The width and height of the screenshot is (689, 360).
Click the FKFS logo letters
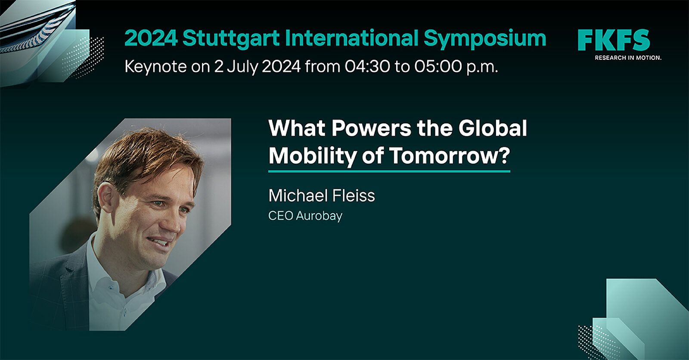coord(614,40)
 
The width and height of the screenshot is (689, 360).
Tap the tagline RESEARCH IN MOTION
coord(628,58)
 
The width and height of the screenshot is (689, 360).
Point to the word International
coord(352,38)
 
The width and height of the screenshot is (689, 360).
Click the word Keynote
coord(155,67)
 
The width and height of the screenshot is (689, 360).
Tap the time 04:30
coord(367,66)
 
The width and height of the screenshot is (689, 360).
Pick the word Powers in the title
coord(371,128)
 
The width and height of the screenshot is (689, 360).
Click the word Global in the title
coord(493,128)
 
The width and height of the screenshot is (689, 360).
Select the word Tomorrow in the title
coord(443,156)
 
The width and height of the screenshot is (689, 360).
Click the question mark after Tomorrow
coord(503,155)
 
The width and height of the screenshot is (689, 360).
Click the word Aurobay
coord(319,216)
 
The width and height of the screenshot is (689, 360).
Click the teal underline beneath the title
coord(389,171)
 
